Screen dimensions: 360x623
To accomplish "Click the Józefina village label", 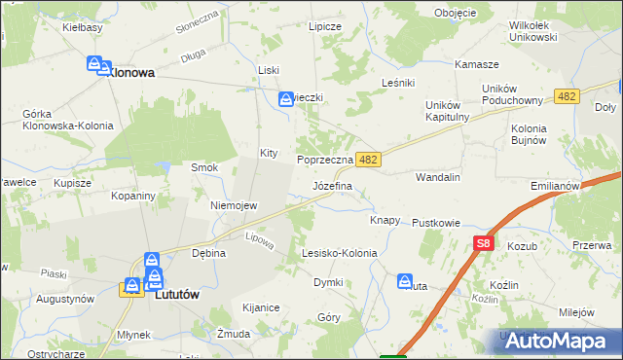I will (332, 184).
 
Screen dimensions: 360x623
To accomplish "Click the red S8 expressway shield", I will (484, 244).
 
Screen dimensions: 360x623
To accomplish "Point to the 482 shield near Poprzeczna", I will (367, 158).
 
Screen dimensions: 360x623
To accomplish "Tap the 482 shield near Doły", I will (568, 96).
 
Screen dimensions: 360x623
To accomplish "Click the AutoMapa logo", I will (560, 340).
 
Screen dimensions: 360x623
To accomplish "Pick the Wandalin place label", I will (437, 178).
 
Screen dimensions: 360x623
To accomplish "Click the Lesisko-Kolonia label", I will (339, 253).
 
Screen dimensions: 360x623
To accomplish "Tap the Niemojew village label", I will (234, 205).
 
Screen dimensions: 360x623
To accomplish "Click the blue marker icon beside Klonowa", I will (95, 65).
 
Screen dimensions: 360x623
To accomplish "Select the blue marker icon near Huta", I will (405, 281).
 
